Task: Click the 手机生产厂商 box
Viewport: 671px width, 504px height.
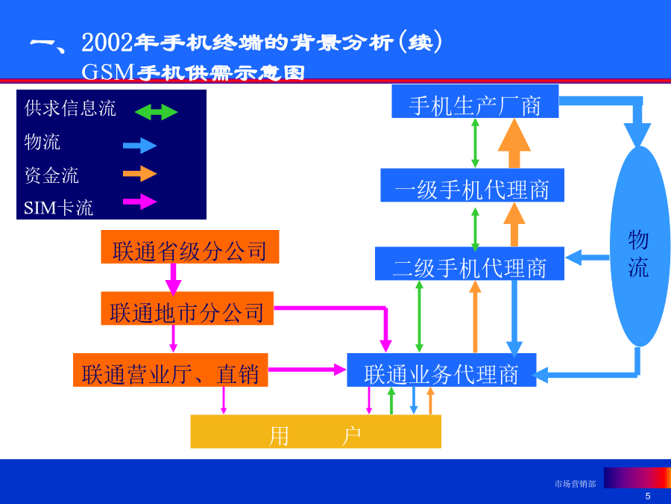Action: (475, 101)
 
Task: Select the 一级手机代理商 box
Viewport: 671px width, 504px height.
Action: (473, 185)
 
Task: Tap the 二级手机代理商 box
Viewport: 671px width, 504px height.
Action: (470, 264)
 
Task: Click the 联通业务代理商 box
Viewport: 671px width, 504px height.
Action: (441, 370)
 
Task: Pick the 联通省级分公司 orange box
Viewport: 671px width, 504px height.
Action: (190, 247)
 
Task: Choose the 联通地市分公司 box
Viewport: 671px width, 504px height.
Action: (187, 308)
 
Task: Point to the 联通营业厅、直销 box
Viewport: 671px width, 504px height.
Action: (170, 370)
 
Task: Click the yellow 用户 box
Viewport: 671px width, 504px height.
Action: (316, 432)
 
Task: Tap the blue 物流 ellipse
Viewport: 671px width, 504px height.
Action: (638, 246)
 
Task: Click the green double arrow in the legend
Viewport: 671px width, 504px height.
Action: (156, 112)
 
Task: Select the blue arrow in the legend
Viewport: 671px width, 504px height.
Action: (139, 146)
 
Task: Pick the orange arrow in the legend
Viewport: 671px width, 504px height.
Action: (139, 173)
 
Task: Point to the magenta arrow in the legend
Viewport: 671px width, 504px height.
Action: (139, 202)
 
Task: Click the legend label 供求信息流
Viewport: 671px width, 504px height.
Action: (70, 108)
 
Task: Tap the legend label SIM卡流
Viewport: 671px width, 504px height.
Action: (58, 208)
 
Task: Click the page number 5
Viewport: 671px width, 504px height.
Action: (648, 497)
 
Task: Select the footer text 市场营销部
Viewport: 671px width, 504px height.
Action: (575, 484)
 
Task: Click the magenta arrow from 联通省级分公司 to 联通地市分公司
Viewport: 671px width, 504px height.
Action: (173, 280)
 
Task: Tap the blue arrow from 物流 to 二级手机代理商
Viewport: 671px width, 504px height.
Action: (587, 258)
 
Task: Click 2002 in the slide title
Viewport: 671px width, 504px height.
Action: (107, 43)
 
